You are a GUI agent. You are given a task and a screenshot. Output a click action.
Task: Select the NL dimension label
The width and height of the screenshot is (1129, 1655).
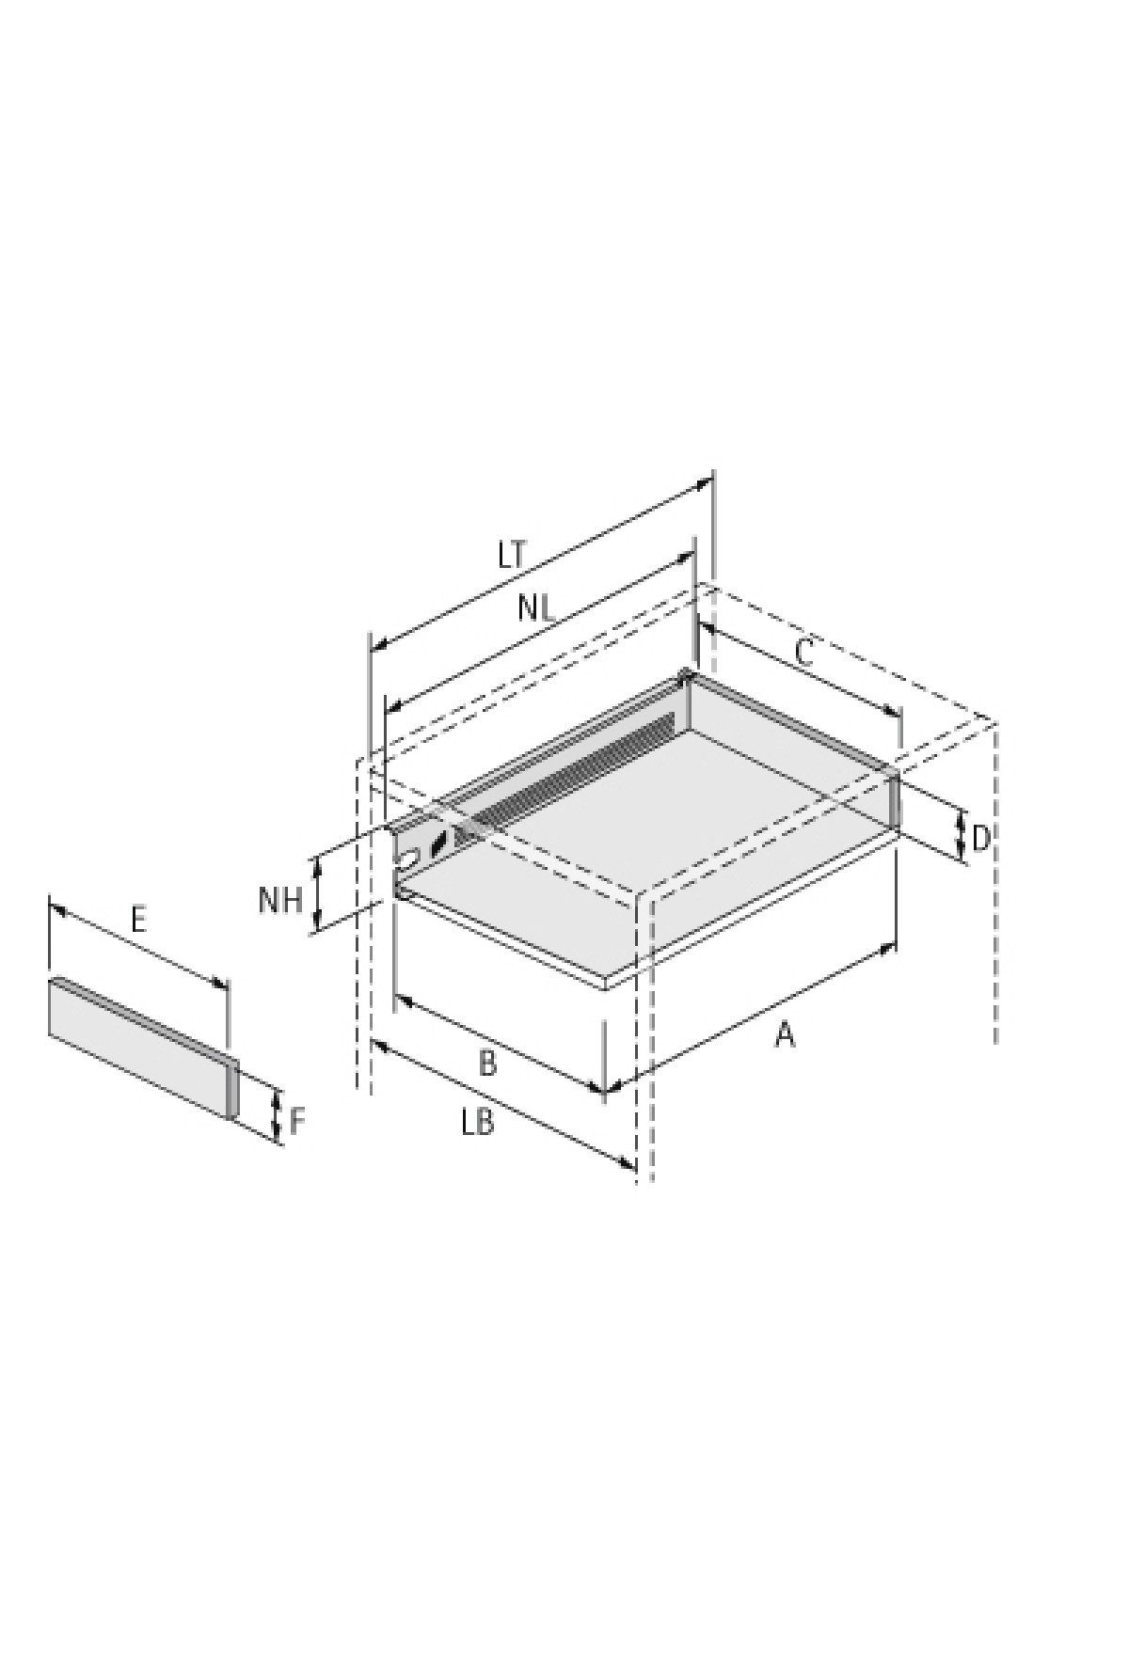(536, 608)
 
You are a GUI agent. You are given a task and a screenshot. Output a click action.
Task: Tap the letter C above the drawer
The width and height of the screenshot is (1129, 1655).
(804, 653)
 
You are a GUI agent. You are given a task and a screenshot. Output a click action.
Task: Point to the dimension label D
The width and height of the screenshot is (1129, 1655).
(980, 837)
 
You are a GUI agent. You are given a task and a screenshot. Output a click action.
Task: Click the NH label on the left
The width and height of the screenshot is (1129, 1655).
(280, 900)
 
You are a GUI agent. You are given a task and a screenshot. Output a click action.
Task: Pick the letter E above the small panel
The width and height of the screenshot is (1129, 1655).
(138, 919)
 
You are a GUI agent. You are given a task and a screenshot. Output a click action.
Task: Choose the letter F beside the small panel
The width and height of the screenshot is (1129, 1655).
(297, 1121)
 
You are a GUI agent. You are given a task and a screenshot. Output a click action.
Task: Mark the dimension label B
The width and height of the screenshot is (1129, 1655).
(487, 1064)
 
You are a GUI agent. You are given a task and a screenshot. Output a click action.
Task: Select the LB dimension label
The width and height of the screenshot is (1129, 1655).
(478, 1123)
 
